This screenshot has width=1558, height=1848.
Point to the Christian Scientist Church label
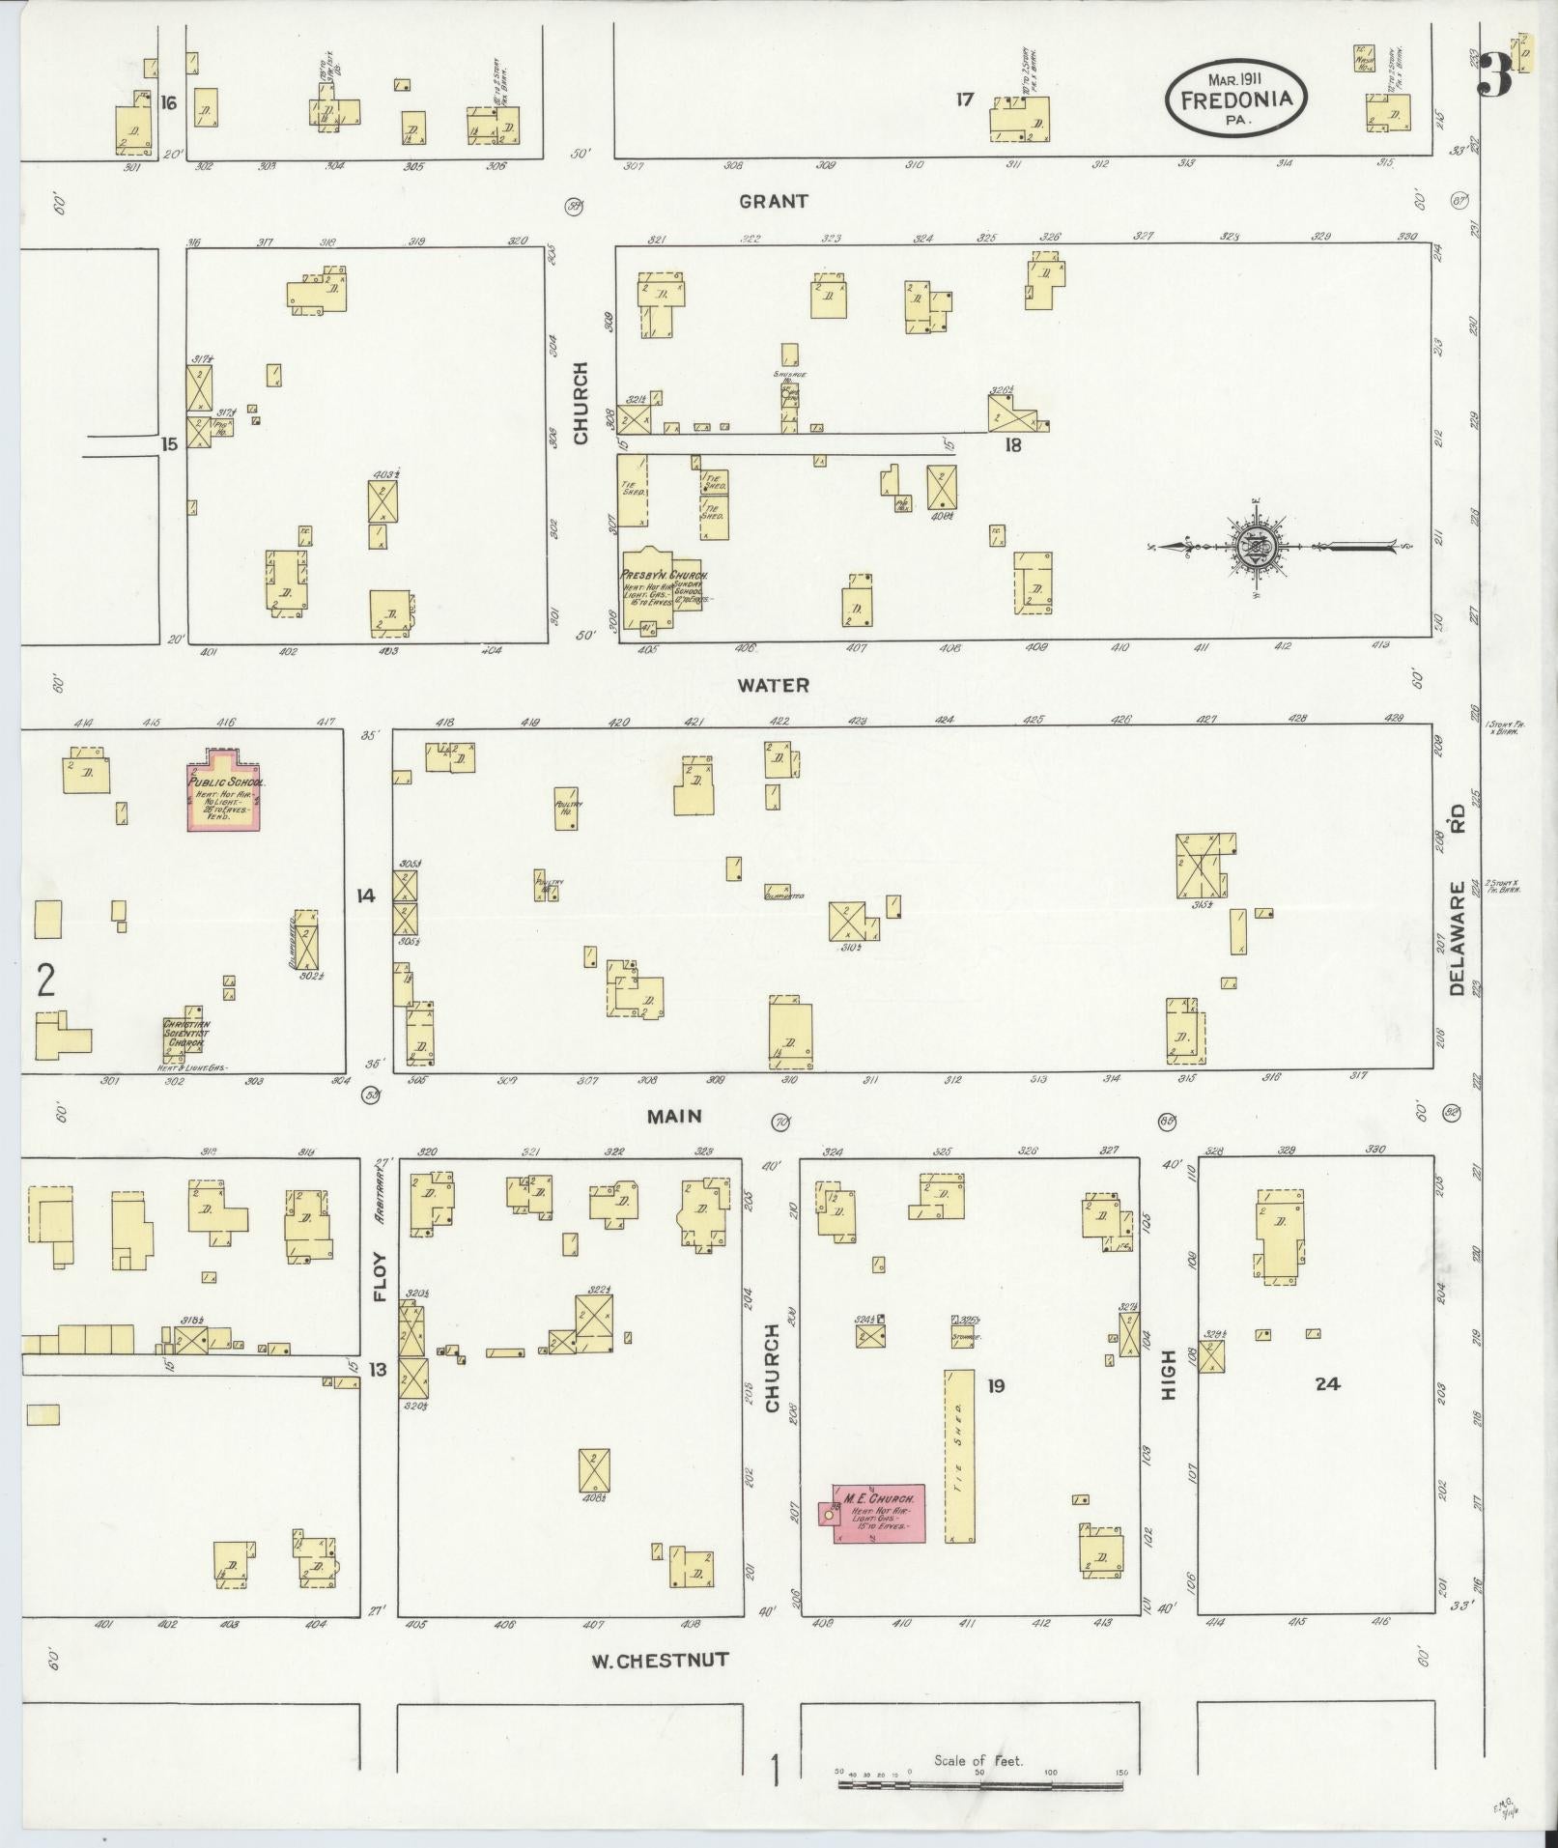tap(185, 1033)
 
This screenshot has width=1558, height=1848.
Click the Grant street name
tap(773, 202)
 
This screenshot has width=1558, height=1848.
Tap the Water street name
tap(773, 685)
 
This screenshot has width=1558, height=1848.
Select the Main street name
tap(674, 1116)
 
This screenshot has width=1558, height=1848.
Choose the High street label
tap(1169, 1376)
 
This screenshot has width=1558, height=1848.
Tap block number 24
tap(1327, 1383)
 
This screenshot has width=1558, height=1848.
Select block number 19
tap(996, 1386)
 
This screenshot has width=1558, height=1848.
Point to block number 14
tap(365, 896)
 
